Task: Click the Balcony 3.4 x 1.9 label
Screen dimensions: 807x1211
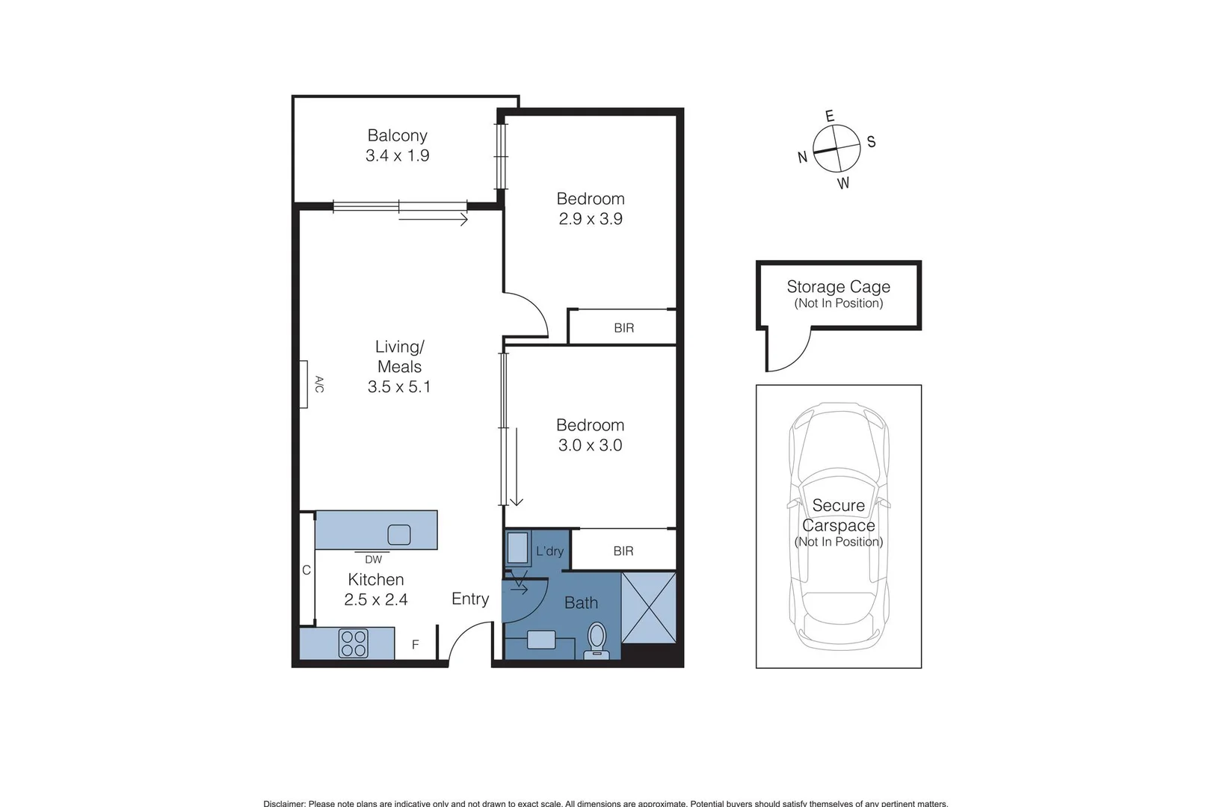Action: [x=397, y=146]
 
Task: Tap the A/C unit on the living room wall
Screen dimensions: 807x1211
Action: [x=304, y=385]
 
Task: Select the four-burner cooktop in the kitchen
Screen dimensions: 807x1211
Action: [x=353, y=643]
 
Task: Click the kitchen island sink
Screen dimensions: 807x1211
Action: [x=399, y=535]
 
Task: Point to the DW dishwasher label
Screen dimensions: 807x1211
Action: [x=373, y=560]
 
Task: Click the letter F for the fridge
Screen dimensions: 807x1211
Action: [x=416, y=645]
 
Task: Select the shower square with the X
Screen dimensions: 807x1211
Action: [x=649, y=607]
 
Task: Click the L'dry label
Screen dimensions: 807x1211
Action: [x=549, y=551]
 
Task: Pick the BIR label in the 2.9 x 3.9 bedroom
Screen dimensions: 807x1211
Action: [x=623, y=328]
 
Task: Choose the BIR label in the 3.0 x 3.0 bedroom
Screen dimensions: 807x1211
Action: [x=623, y=551]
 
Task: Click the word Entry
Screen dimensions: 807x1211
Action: [x=470, y=599]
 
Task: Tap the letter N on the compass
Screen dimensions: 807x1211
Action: [x=802, y=157]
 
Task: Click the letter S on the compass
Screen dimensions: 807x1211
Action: [x=871, y=142]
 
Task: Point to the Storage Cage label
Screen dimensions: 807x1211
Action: [x=838, y=287]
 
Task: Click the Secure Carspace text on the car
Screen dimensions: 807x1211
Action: [x=838, y=516]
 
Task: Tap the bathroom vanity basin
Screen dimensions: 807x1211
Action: [x=541, y=640]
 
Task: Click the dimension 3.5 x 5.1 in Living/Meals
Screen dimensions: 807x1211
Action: [x=399, y=387]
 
